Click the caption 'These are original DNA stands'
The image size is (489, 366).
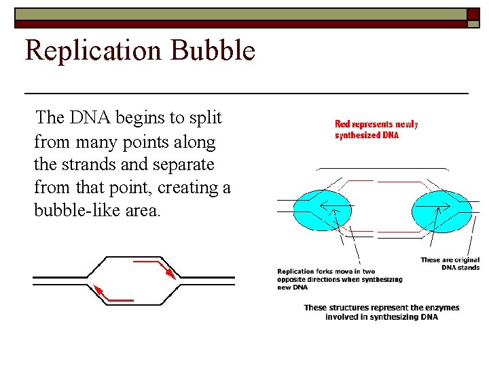click(x=450, y=264)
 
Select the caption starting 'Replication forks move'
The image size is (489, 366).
click(x=339, y=279)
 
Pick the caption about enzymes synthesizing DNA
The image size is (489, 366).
click(x=381, y=312)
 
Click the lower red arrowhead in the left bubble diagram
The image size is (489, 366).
click(x=98, y=291)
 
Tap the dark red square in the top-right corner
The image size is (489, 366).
click(x=473, y=15)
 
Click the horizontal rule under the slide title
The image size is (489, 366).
click(x=246, y=91)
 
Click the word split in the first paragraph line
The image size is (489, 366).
click(x=205, y=118)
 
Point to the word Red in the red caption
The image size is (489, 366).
click(x=343, y=124)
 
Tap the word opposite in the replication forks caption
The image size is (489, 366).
click(x=293, y=279)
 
